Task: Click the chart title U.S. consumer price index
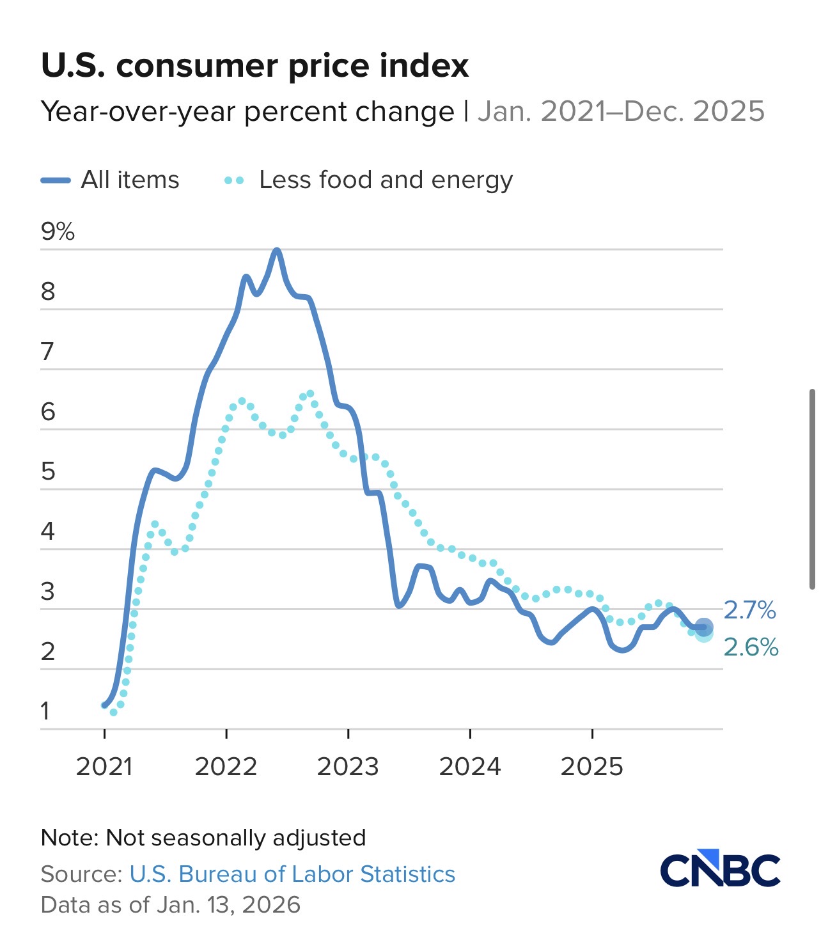pyautogui.click(x=254, y=65)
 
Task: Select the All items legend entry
pyautogui.click(x=110, y=180)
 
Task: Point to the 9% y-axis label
pyautogui.click(x=58, y=231)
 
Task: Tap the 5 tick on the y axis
pyautogui.click(x=48, y=471)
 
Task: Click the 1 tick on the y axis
pyautogui.click(x=45, y=711)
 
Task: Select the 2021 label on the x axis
pyautogui.click(x=104, y=766)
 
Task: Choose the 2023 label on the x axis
pyautogui.click(x=348, y=766)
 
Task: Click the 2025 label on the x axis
pyautogui.click(x=591, y=766)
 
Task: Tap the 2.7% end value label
pyautogui.click(x=749, y=610)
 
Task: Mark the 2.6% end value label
pyautogui.click(x=751, y=647)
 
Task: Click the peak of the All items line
pyautogui.click(x=276, y=250)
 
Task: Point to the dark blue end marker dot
pyautogui.click(x=703, y=627)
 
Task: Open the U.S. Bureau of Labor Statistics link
pyautogui.click(x=292, y=874)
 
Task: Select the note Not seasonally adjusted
pyautogui.click(x=203, y=837)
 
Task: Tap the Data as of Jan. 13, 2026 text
pyautogui.click(x=170, y=904)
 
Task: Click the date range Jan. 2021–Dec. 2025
pyautogui.click(x=621, y=111)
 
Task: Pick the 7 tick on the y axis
pyautogui.click(x=47, y=351)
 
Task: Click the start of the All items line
pyautogui.click(x=105, y=705)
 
